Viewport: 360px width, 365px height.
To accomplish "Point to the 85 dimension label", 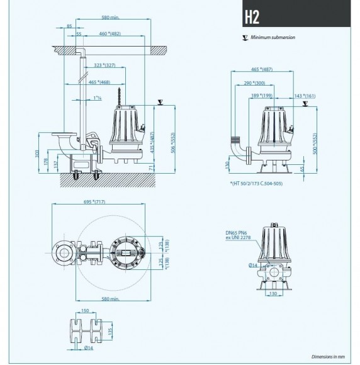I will click(x=68, y=26).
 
